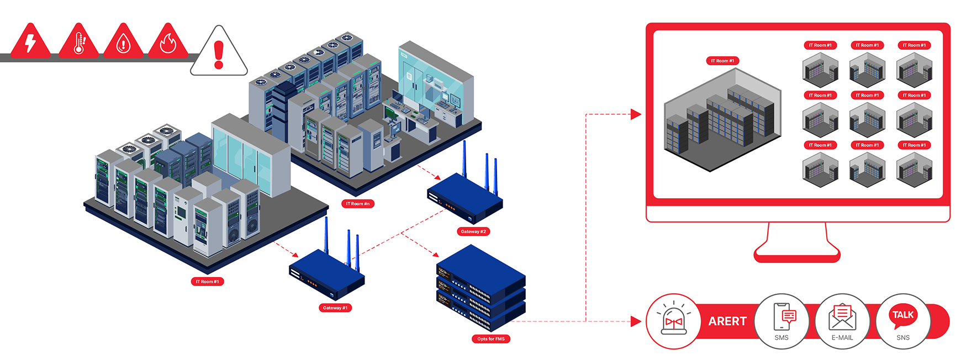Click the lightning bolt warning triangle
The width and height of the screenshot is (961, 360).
coord(30,43)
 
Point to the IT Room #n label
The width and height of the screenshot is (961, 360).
coord(358,204)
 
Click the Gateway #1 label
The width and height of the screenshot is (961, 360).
coord(335,308)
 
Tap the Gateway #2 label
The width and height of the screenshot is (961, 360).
coord(473,231)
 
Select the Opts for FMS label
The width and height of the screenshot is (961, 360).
coord(491,338)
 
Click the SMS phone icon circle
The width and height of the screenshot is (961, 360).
coord(782,321)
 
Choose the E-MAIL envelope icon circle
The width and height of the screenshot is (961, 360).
coord(842,321)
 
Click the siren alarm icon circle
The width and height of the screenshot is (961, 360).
coord(674,321)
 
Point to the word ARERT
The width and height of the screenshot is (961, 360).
coord(727,321)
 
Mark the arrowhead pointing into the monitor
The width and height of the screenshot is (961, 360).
coord(636,114)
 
